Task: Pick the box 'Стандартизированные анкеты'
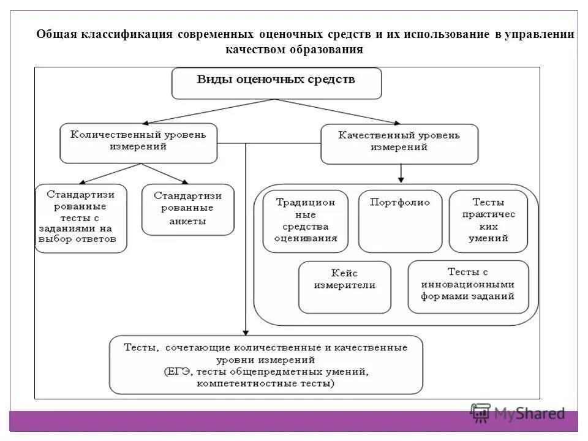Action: [x=187, y=209]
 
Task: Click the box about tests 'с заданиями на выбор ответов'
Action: [x=81, y=218]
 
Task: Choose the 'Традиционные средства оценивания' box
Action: [x=305, y=221]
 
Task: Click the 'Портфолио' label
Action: [x=400, y=203]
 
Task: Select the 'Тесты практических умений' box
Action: [x=488, y=221]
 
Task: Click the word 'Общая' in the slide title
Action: [x=56, y=34]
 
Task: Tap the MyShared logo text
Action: [x=530, y=413]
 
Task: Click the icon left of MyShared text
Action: [x=481, y=413]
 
